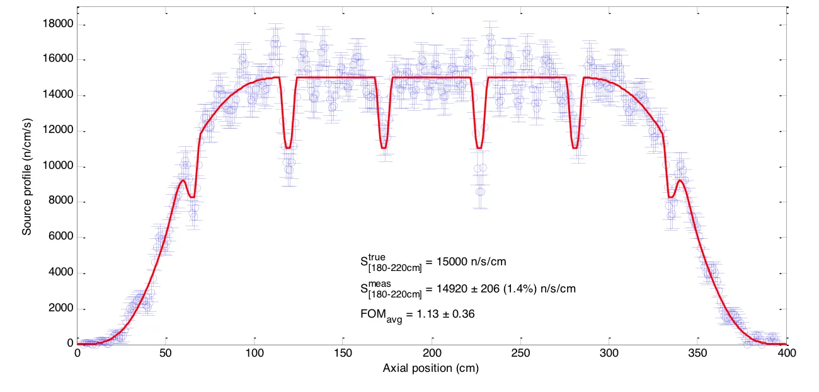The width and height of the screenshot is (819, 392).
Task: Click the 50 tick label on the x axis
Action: click(x=166, y=354)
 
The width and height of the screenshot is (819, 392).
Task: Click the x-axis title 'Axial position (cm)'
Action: click(x=431, y=369)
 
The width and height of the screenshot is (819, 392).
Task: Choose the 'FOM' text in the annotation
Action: click(x=373, y=313)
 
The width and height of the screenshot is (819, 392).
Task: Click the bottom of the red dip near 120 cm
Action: click(x=288, y=147)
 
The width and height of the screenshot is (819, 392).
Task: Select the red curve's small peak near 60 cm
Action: click(x=183, y=181)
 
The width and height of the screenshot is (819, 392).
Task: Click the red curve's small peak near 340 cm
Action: click(x=680, y=181)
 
